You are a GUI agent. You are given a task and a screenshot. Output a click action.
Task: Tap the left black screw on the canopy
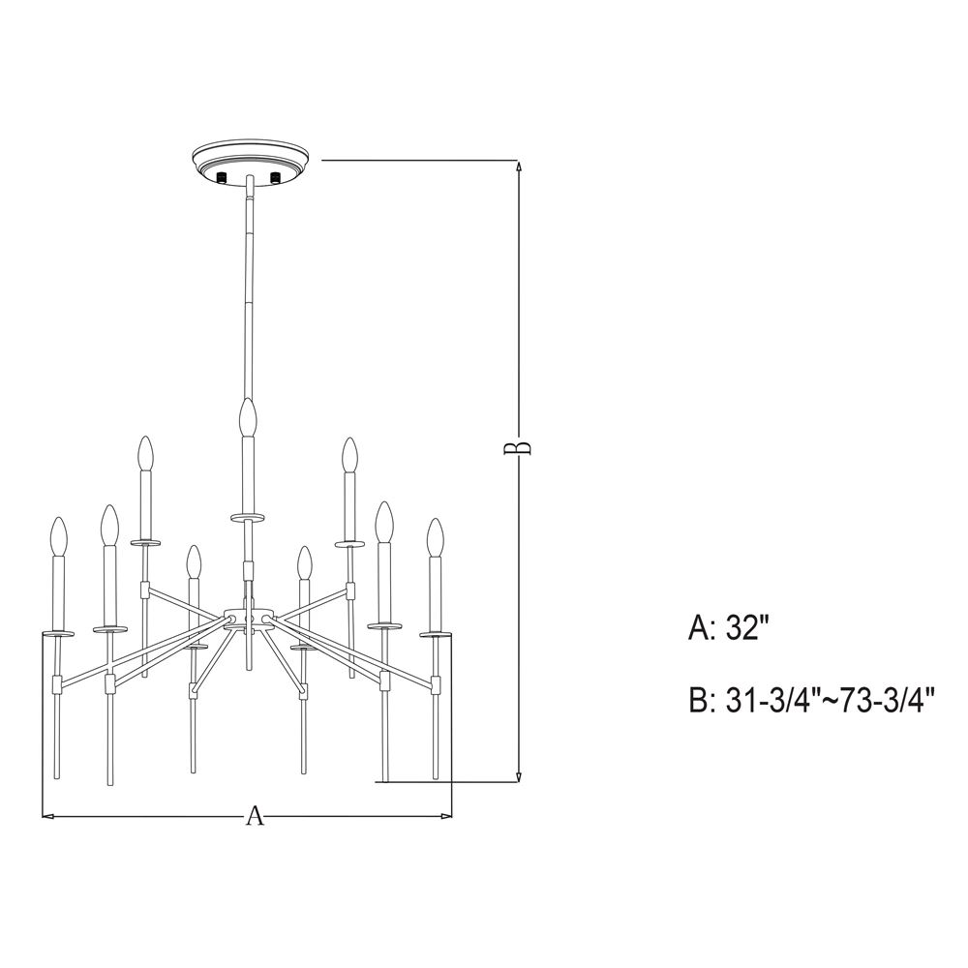click(222, 178)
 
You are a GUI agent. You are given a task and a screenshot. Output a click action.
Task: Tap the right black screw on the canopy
click(275, 178)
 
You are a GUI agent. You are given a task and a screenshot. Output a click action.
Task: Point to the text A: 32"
click(729, 628)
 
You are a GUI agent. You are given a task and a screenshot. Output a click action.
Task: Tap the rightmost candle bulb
click(436, 537)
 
